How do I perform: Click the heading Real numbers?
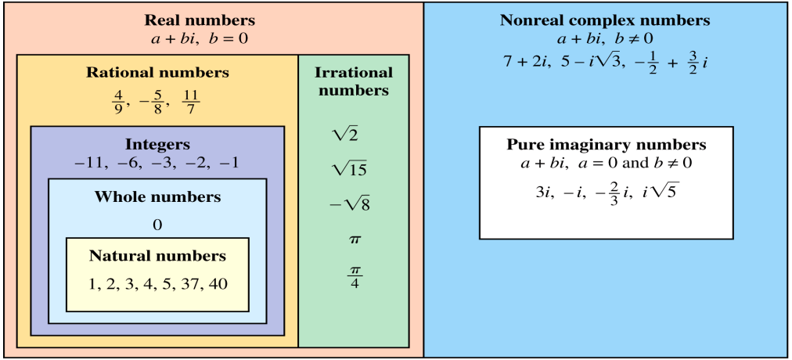[200, 20]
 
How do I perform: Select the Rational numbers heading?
[157, 73]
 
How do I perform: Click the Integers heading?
[157, 145]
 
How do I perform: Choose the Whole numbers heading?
[157, 196]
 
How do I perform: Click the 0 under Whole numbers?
[157, 225]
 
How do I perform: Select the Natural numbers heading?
[157, 256]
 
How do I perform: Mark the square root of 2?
[346, 135]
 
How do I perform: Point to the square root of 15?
[349, 169]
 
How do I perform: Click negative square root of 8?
[349, 204]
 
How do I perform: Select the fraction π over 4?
[354, 276]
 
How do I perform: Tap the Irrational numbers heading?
[354, 81]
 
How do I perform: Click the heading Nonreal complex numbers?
[605, 20]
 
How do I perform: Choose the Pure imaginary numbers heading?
[607, 145]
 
